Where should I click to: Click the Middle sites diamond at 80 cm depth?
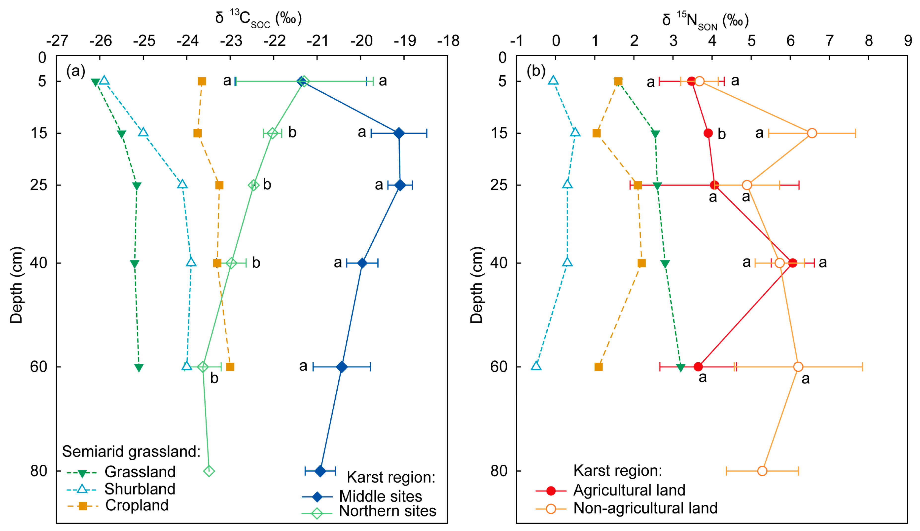(x=320, y=471)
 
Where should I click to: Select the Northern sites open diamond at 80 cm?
(x=209, y=471)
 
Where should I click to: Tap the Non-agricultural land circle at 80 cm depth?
(x=762, y=471)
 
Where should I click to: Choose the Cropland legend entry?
(x=137, y=505)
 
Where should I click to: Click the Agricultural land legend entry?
(x=629, y=491)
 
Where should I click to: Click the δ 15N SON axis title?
(x=705, y=20)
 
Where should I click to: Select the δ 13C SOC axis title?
(x=258, y=18)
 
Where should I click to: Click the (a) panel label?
(x=75, y=71)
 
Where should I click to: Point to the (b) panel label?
(x=536, y=71)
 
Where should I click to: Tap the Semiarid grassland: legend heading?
(x=131, y=452)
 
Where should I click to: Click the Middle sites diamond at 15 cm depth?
(x=399, y=133)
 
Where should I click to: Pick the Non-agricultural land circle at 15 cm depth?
(x=812, y=133)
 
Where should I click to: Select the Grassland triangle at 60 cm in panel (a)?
(x=139, y=368)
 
